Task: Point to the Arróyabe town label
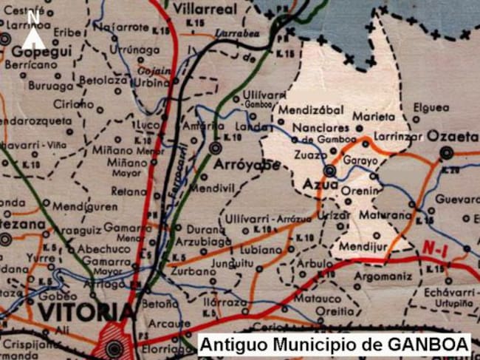coord(247,165)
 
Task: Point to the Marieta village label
coord(370,116)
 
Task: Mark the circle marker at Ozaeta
coord(445,153)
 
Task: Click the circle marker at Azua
coord(329,171)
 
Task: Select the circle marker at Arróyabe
coord(215,149)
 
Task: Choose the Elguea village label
coord(431,107)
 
